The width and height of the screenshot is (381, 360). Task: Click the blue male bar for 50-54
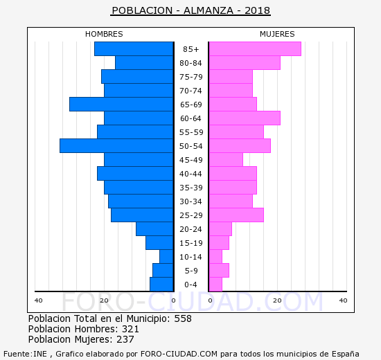pyautogui.click(x=116, y=146)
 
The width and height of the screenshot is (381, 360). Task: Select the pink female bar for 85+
pyautogui.click(x=254, y=49)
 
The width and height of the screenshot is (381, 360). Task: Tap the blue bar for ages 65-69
pyautogui.click(x=121, y=105)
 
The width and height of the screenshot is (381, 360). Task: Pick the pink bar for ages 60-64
pyautogui.click(x=244, y=118)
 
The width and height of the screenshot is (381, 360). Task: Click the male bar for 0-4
pyautogui.click(x=161, y=285)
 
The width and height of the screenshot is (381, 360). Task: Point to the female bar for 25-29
pyautogui.click(x=236, y=215)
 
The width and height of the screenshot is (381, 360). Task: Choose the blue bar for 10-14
pyautogui.click(x=166, y=257)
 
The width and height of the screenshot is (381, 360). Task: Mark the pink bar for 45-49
pyautogui.click(x=225, y=160)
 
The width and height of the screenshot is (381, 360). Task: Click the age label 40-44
pyautogui.click(x=190, y=174)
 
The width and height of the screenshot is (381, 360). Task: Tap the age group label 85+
pyautogui.click(x=190, y=49)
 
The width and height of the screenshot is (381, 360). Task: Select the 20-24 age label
pyautogui.click(x=190, y=229)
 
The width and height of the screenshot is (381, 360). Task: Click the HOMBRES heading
pyautogui.click(x=104, y=34)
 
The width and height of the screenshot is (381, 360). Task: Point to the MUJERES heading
pyautogui.click(x=277, y=34)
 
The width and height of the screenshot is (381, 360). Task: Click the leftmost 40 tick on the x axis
pyautogui.click(x=39, y=300)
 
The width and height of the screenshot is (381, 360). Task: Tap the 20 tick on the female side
pyautogui.click(x=276, y=300)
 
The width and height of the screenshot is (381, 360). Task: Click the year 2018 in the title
pyautogui.click(x=256, y=11)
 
